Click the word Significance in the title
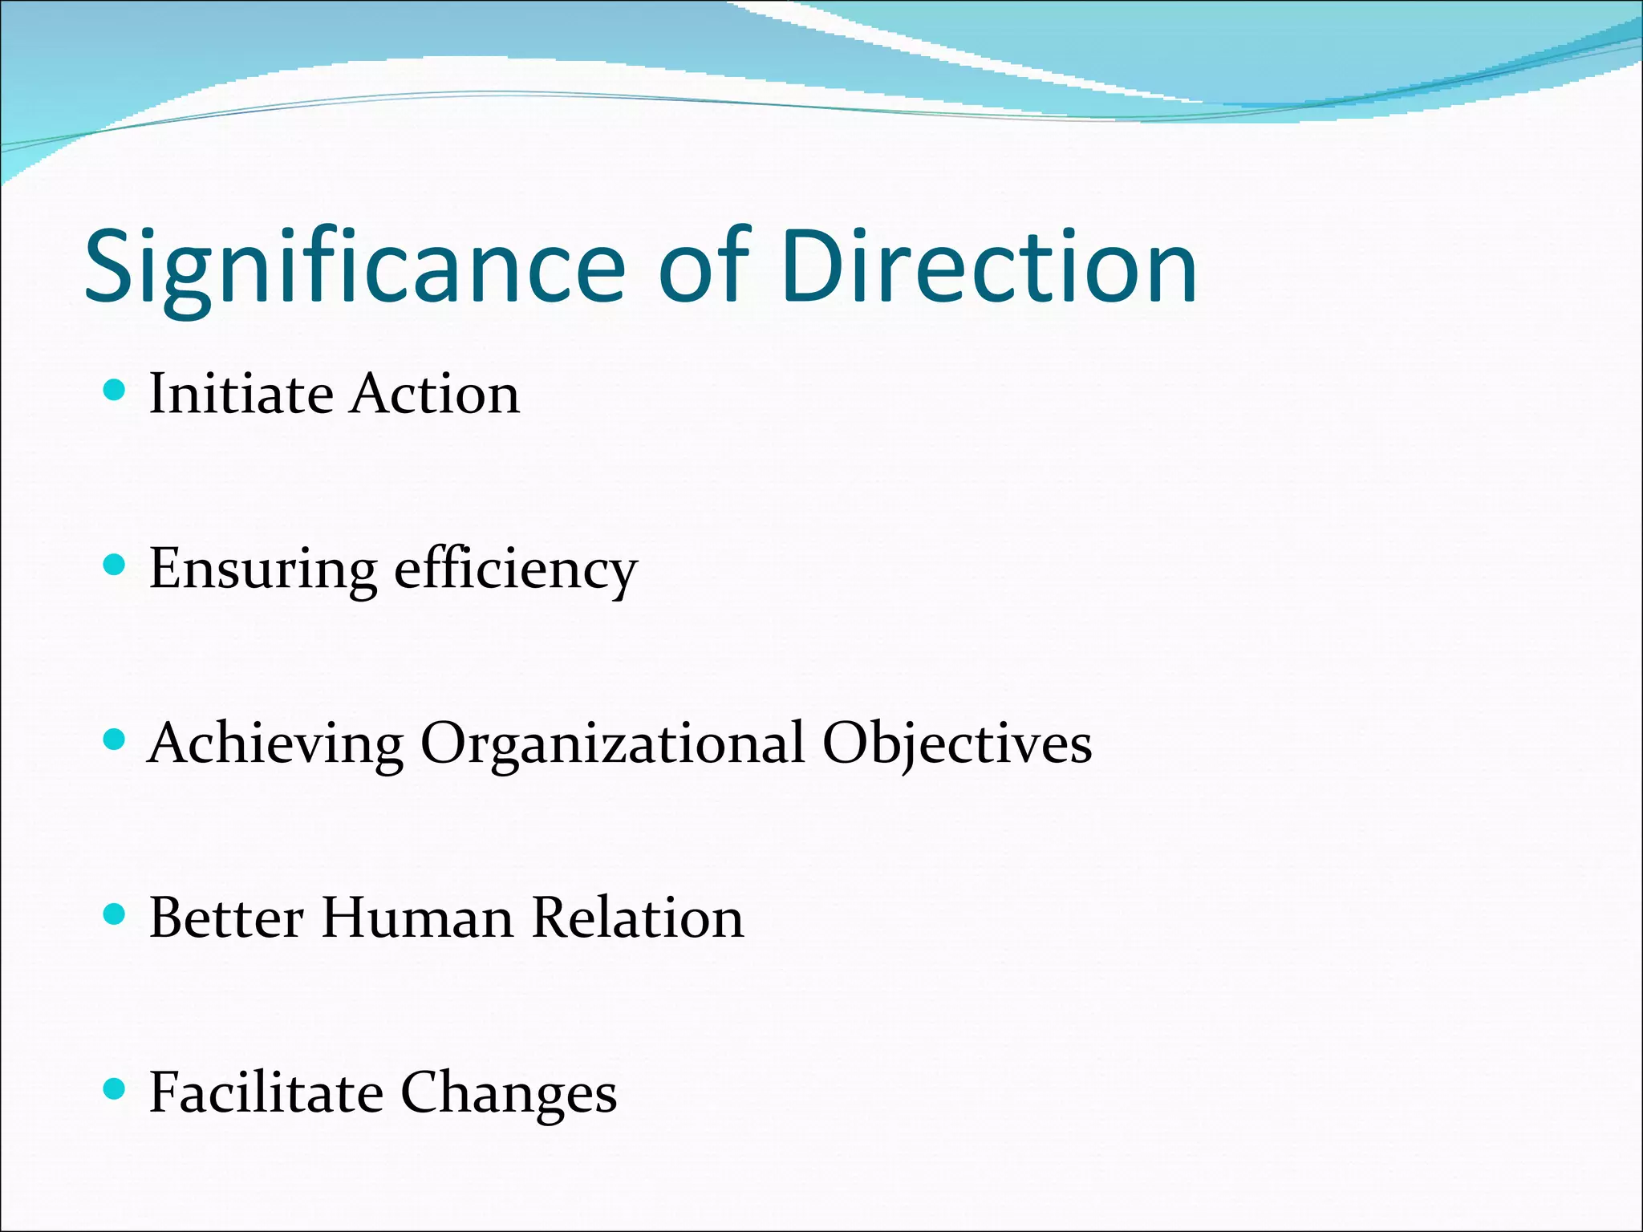pos(354,269)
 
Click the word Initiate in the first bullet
pos(241,394)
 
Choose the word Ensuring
pos(262,570)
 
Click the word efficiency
pos(516,570)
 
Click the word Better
pos(226,918)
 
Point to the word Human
pos(417,918)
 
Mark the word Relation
pos(638,918)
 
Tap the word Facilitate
pos(266,1092)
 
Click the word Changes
pos(509,1094)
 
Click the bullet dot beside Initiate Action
pos(116,391)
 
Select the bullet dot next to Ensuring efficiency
pos(116,565)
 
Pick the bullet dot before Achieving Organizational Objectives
pos(116,740)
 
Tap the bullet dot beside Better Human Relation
pos(116,914)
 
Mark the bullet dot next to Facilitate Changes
pos(116,1088)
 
